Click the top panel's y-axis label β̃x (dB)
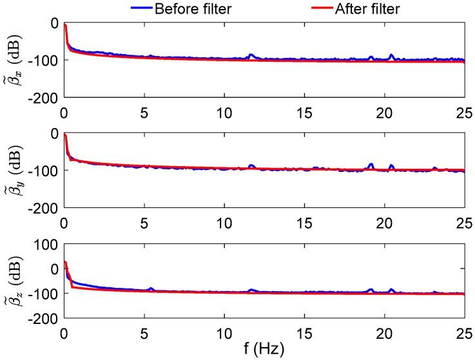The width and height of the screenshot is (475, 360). point(14,60)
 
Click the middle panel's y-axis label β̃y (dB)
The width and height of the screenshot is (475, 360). point(14,170)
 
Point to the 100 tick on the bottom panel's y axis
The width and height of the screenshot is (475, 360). point(48,244)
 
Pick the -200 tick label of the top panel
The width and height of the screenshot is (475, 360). point(44,98)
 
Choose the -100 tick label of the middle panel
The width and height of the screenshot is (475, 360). point(44,171)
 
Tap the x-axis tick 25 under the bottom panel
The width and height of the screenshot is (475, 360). point(464,332)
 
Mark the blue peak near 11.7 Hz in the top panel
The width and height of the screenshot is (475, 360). point(251,55)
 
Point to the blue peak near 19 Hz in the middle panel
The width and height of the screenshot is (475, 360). point(371,164)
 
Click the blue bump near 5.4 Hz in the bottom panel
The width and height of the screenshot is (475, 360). point(151,289)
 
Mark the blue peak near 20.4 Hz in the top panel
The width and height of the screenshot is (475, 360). point(391,55)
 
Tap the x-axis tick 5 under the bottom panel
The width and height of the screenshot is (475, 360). point(144,332)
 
